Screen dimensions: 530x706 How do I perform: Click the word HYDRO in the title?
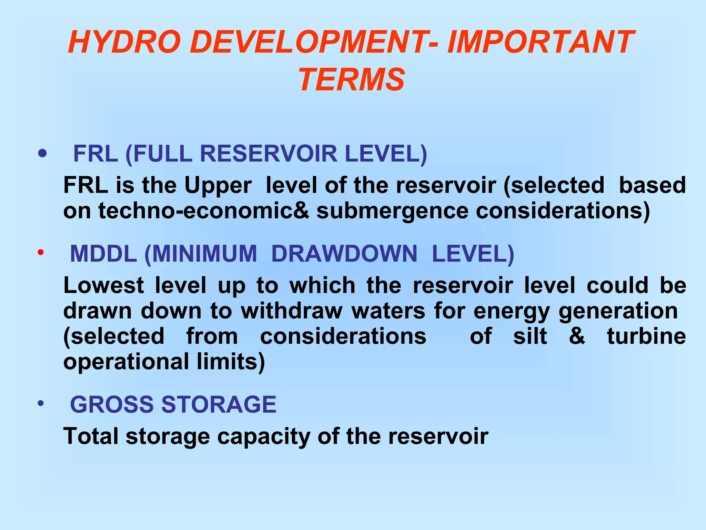(124, 42)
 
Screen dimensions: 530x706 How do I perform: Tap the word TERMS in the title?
(352, 80)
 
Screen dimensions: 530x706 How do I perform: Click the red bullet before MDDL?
(41, 253)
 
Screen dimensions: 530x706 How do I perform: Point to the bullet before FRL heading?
(42, 153)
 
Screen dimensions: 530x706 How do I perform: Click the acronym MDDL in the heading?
(103, 254)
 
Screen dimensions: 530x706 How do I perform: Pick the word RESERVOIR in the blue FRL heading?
(269, 154)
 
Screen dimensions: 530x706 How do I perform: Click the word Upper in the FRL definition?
(218, 186)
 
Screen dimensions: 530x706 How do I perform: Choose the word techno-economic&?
(204, 211)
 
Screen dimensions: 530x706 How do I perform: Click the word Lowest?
(103, 286)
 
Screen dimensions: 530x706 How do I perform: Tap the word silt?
(530, 336)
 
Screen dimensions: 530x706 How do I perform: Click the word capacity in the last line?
(264, 437)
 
